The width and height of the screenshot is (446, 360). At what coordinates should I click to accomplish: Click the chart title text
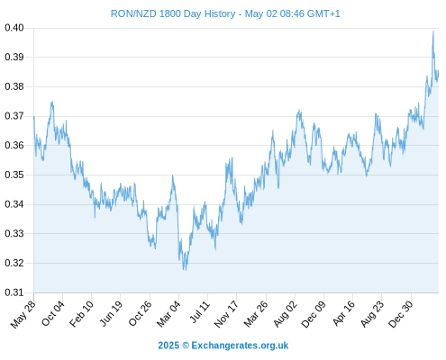tap(225, 13)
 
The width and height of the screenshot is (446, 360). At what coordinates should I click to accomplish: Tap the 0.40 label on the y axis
tap(14, 28)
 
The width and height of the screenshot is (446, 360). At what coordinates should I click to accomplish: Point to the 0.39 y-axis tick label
tap(14, 57)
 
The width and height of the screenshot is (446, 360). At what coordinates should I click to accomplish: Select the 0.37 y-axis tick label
tap(14, 116)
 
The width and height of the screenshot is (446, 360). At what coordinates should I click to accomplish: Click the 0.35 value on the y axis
tap(14, 175)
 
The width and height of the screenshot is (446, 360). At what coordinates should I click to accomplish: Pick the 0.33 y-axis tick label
tap(14, 233)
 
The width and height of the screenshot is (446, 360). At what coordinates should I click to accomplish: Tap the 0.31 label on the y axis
tap(14, 292)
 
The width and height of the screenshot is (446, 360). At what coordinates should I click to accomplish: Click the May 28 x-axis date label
tap(23, 314)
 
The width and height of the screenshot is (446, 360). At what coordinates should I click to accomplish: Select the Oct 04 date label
tap(53, 313)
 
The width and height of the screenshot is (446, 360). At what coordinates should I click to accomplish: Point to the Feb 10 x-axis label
tap(81, 314)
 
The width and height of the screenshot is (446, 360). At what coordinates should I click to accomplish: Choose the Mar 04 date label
tap(168, 314)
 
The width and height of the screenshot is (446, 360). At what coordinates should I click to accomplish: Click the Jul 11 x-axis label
tap(199, 312)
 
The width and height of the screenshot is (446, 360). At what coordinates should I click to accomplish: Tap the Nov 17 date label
tap(226, 314)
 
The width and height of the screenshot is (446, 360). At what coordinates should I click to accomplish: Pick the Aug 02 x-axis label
tap(285, 314)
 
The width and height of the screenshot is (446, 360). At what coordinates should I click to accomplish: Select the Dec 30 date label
tap(401, 314)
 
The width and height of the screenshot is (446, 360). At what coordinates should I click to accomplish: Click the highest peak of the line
tap(433, 31)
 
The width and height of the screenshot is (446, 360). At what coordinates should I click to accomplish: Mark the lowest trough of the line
tap(186, 270)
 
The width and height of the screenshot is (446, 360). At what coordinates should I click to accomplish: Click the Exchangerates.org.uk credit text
tap(240, 346)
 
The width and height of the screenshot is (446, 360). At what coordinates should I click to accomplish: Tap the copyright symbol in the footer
tap(186, 346)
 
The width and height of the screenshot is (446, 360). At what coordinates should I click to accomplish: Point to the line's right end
tap(439, 71)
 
